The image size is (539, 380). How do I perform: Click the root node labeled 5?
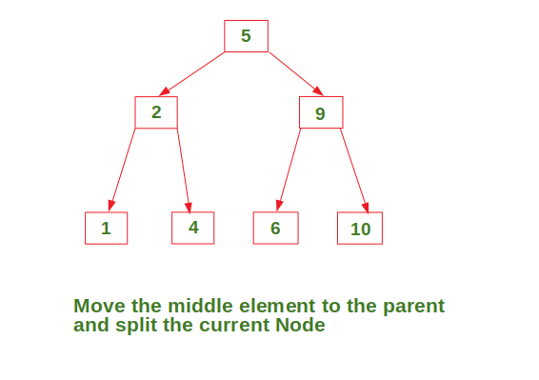tap(246, 36)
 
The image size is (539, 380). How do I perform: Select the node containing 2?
tap(156, 112)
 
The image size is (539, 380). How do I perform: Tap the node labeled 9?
tap(321, 112)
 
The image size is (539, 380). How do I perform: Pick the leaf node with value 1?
tap(107, 228)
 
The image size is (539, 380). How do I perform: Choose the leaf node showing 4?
tap(193, 228)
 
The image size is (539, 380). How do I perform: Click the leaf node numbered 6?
tap(275, 228)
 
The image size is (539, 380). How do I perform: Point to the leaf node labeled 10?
tap(360, 228)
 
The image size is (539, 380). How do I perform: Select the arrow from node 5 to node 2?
tap(191, 74)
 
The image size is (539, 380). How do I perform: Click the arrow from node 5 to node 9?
tap(296, 74)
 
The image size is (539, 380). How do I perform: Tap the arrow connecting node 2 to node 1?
tap(122, 170)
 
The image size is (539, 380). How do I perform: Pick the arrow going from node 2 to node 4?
tap(184, 170)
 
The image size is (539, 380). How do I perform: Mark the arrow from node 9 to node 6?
tap(289, 170)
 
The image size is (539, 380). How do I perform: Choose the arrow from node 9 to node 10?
tap(354, 170)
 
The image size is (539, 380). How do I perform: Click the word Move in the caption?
tap(99, 306)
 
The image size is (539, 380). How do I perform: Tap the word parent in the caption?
tap(414, 307)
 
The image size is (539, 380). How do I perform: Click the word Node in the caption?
tap(300, 325)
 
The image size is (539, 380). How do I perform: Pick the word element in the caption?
tap(277, 306)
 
